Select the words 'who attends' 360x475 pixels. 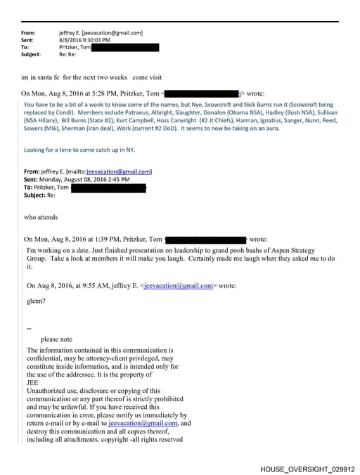pyautogui.click(x=41, y=217)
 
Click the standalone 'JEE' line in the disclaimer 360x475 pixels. pyautogui.click(x=32, y=383)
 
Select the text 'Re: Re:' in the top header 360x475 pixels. pyautogui.click(x=68, y=54)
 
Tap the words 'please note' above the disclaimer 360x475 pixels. pyautogui.click(x=56, y=339)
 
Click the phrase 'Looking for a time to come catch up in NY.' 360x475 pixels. pyautogui.click(x=79, y=150)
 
